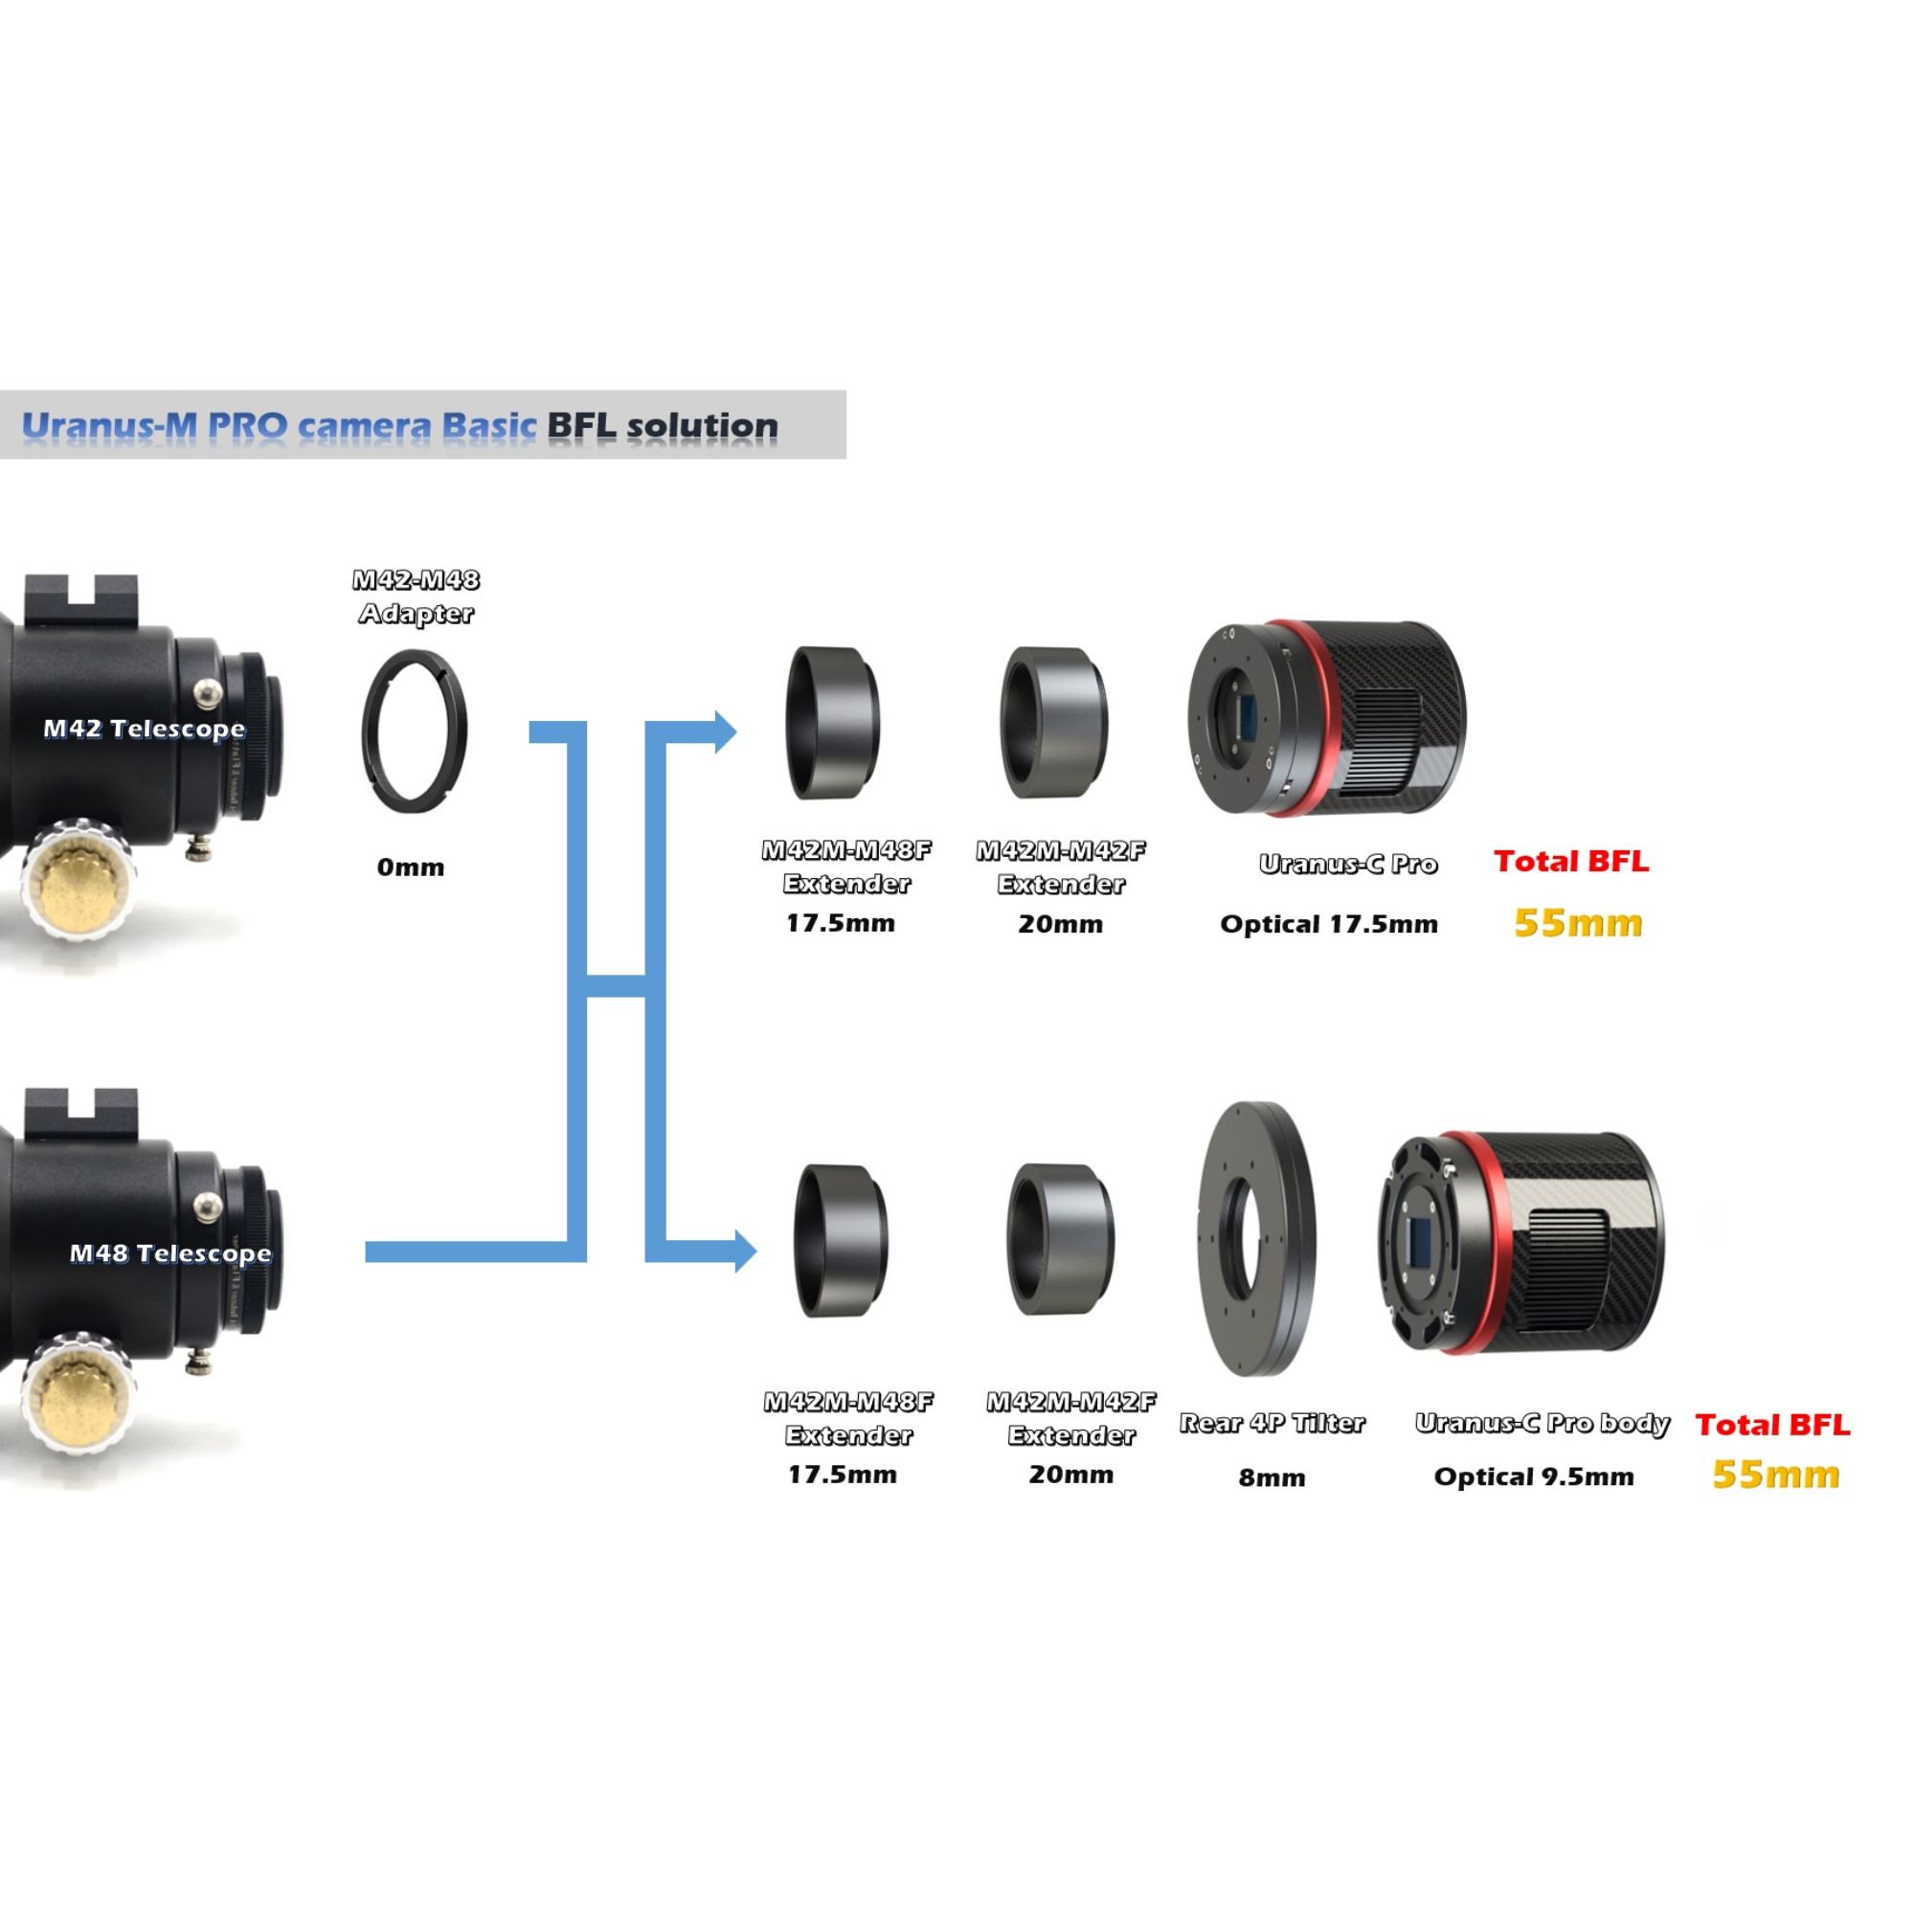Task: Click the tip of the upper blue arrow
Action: coord(738,732)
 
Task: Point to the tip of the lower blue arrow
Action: coord(757,1250)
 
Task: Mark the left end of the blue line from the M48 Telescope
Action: coord(366,1251)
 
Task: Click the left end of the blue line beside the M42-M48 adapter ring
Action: coord(529,732)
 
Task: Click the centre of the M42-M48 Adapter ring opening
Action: coord(415,731)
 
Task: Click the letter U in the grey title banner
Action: coord(34,426)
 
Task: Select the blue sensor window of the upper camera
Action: coord(1245,717)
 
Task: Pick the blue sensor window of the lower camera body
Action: coord(1420,1244)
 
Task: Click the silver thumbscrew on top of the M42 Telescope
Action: coord(207,692)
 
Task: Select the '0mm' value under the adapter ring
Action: coord(411,867)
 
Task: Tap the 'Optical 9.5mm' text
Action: coord(1533,1476)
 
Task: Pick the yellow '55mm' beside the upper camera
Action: coord(1578,923)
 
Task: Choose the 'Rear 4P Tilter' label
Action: coord(1272,1423)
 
